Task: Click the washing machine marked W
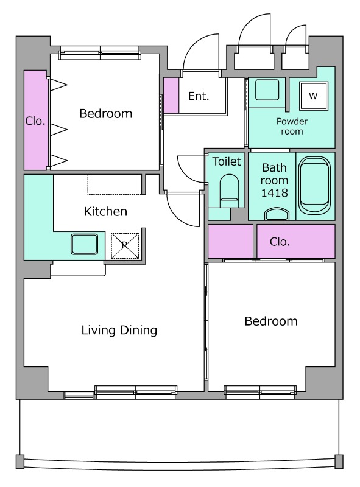tap(313, 96)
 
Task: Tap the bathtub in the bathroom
tap(314, 185)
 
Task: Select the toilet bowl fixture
tap(230, 191)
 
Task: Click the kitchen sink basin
tap(84, 244)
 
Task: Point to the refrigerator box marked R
tap(125, 245)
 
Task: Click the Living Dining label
tap(119, 331)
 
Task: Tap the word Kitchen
tap(105, 211)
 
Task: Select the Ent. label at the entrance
tap(199, 96)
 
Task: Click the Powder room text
tap(292, 126)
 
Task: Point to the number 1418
tap(274, 193)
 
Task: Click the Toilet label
tap(227, 161)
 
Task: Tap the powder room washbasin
tap(267, 89)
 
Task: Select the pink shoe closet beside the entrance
tap(171, 96)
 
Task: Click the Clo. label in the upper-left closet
tap(35, 121)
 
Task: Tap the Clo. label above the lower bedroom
tap(280, 242)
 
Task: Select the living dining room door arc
tap(178, 217)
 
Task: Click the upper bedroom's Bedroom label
tap(106, 114)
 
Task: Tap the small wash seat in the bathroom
tap(277, 214)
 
